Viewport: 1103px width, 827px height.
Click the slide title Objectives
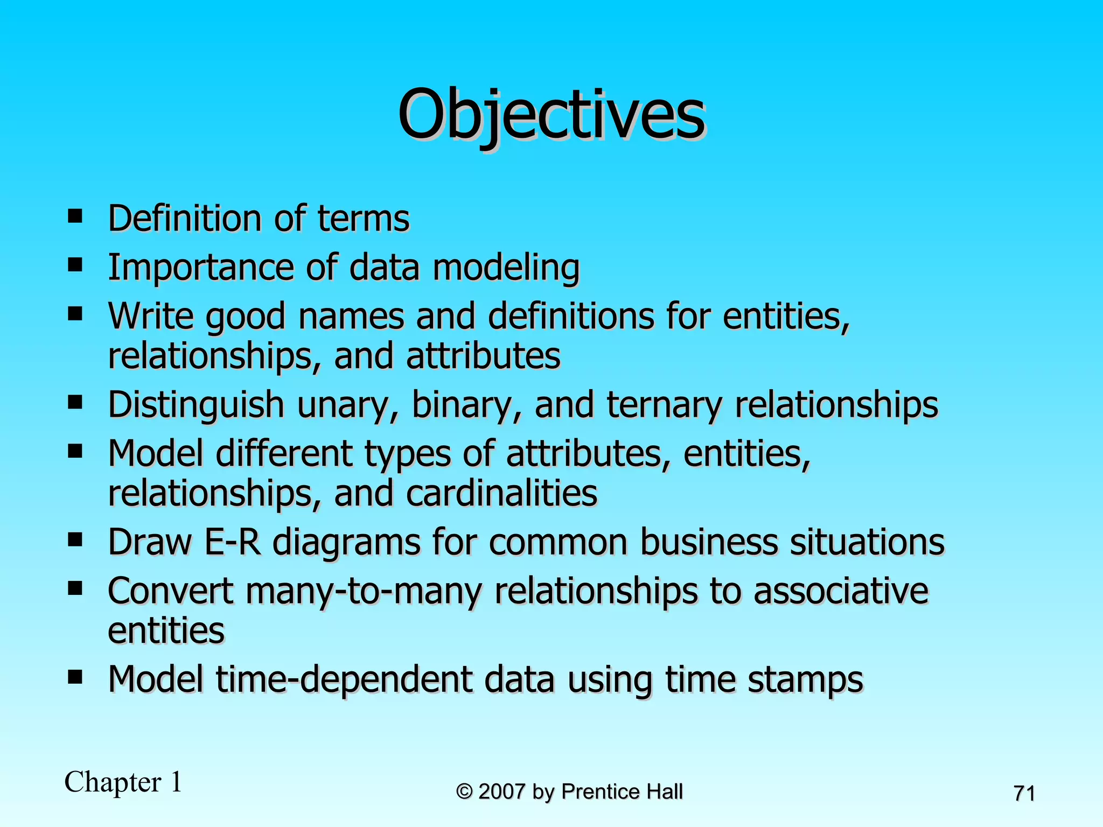click(x=551, y=115)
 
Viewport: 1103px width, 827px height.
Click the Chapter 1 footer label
click(x=123, y=782)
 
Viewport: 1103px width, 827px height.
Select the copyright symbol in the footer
click(x=464, y=791)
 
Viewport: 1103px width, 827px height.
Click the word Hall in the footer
click(x=665, y=791)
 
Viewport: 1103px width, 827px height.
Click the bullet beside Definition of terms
click(x=75, y=216)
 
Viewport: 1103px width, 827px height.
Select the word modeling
click(x=506, y=268)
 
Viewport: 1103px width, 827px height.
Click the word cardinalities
click(x=501, y=493)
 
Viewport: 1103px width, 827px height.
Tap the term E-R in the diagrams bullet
click(x=232, y=542)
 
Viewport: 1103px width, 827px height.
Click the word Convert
click(x=171, y=591)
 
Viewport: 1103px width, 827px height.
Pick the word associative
click(x=841, y=591)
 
